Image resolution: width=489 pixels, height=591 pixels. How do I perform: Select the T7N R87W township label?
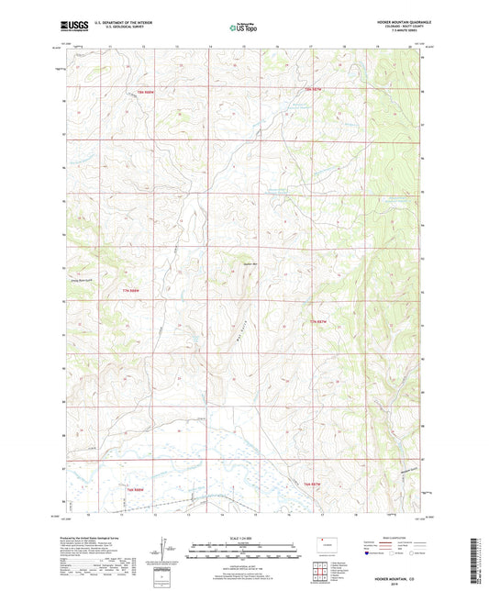tap(318, 321)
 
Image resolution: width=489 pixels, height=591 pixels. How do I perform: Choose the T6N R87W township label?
tap(312, 484)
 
